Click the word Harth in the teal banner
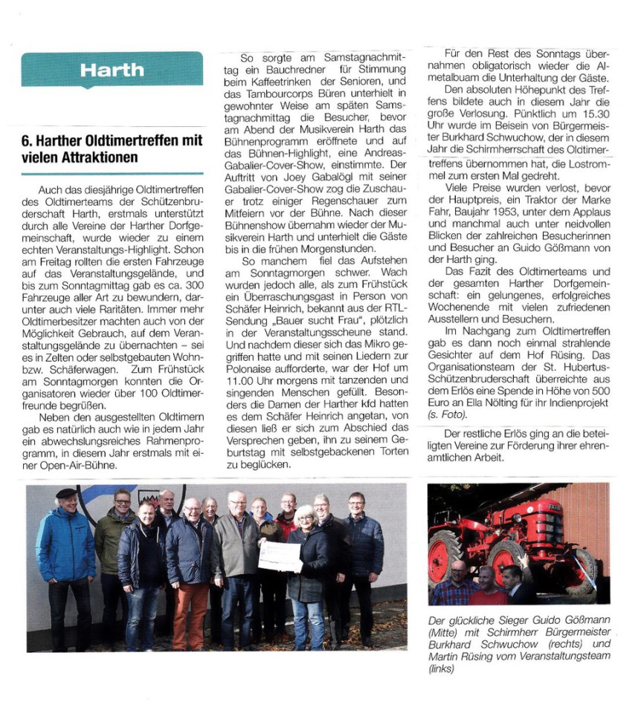112,71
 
